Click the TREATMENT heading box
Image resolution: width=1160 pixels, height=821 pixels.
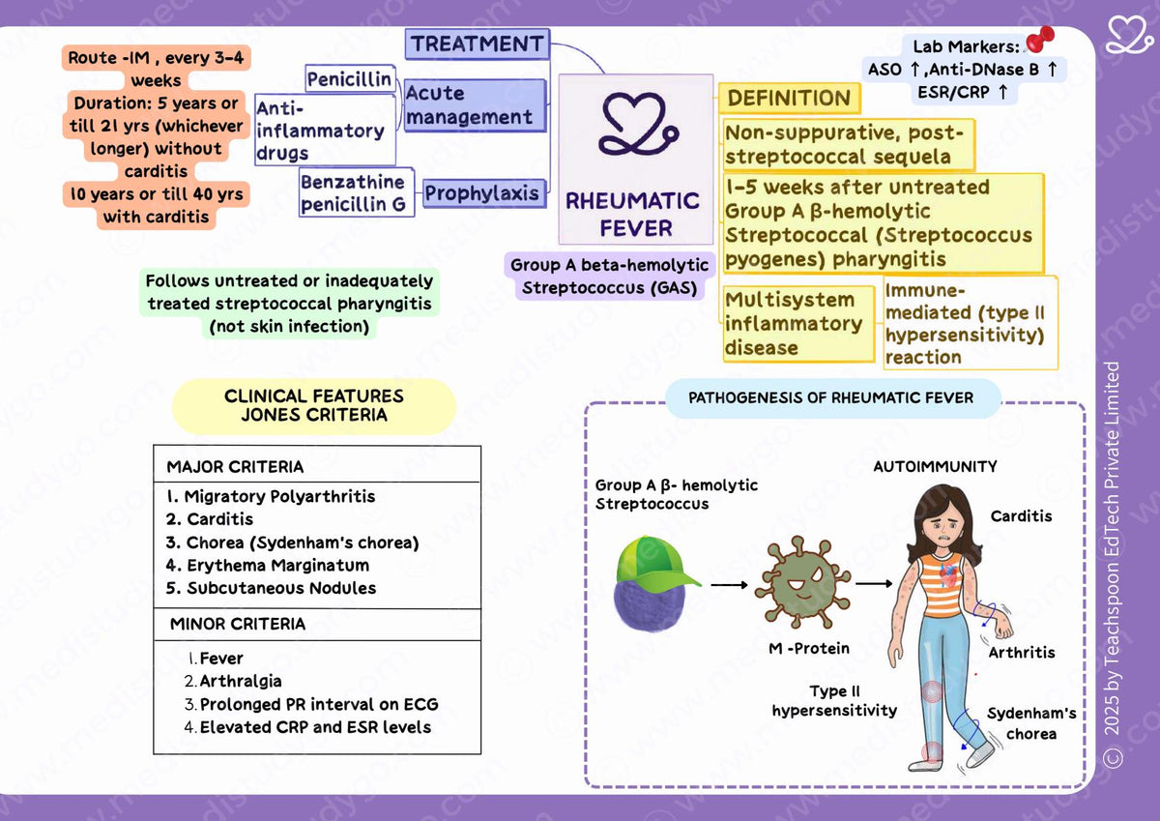(477, 44)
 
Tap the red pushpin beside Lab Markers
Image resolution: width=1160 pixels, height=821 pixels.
(1040, 39)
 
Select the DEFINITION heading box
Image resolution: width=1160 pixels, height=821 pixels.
(789, 98)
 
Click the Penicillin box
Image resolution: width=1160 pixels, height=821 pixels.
(350, 78)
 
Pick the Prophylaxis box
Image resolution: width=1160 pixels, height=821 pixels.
(484, 193)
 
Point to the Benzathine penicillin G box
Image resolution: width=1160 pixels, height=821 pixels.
(357, 192)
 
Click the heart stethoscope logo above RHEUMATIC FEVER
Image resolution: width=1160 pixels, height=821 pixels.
(638, 124)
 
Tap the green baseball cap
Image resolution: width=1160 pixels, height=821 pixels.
(655, 565)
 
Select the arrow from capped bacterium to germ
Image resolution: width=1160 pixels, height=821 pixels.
(729, 585)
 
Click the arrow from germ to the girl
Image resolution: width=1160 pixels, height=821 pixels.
(874, 584)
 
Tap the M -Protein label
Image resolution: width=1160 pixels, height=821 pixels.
(809, 648)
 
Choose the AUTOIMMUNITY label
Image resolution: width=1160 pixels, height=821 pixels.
(935, 466)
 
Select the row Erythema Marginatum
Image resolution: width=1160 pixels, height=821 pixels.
(267, 565)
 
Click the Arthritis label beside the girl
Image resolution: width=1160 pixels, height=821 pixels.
(1021, 652)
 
